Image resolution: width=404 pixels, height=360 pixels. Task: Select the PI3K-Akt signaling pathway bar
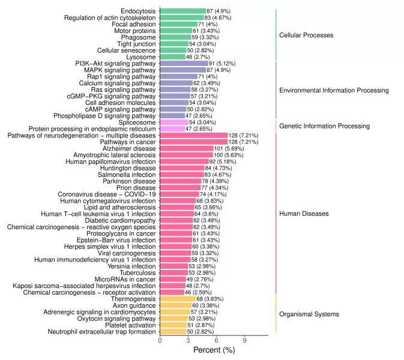[x=184, y=63]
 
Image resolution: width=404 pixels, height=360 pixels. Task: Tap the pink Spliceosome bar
[x=174, y=122]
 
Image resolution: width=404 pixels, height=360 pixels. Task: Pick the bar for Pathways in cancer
[x=194, y=142]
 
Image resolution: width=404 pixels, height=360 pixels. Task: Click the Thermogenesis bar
[x=178, y=299]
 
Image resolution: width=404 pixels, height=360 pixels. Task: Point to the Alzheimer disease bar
[x=187, y=148]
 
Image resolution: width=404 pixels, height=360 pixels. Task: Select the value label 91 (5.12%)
[x=223, y=63]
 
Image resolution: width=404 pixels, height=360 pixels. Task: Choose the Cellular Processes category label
[x=306, y=35]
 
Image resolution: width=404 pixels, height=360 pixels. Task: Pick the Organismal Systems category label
[x=309, y=314]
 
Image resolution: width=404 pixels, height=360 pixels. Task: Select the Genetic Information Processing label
[x=324, y=126]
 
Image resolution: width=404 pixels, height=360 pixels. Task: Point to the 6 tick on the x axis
[x=216, y=340]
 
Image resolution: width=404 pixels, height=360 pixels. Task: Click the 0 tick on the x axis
[x=160, y=340]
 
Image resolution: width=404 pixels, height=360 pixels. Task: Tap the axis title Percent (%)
[x=214, y=350]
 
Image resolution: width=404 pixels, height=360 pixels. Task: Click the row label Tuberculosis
[x=137, y=272]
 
